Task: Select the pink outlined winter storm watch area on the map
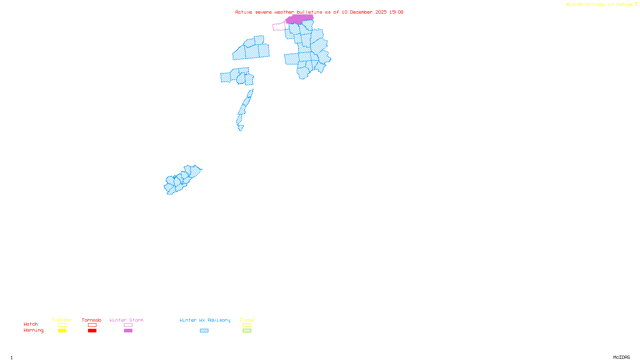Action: (x=279, y=27)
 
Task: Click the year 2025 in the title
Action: (x=381, y=12)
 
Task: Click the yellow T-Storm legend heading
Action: (x=62, y=320)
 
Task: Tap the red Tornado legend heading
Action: (x=92, y=320)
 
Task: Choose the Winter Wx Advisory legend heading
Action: (x=205, y=320)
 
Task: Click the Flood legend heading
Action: (x=247, y=320)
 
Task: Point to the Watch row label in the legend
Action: (x=31, y=324)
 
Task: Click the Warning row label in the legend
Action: (x=33, y=330)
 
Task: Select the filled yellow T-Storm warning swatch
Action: (x=62, y=331)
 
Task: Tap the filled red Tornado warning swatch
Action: (x=92, y=331)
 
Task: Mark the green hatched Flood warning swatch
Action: (x=247, y=331)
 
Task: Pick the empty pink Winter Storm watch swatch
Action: (x=128, y=325)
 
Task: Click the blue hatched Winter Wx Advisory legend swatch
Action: (x=204, y=331)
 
